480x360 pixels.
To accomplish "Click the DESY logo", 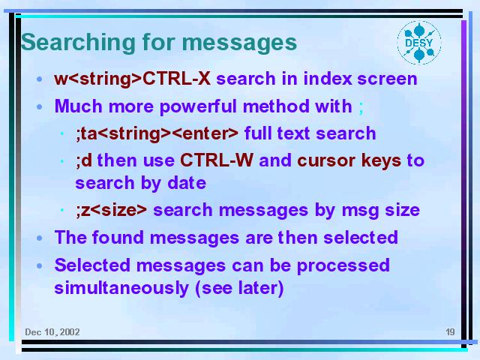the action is point(419,43).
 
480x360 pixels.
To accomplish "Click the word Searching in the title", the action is point(78,43).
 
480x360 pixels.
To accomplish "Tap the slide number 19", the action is point(450,331).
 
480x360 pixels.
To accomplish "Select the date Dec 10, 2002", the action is point(52,332).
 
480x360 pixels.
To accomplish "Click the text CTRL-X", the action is point(177,79).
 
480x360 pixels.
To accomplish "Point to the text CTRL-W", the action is point(217,160).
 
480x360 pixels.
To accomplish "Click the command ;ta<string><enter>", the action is point(157,133).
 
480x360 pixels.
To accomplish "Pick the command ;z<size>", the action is point(112,210).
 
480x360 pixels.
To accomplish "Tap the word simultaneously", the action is point(121,288).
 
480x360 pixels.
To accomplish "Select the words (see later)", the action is point(239,288).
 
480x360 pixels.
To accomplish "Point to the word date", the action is point(187,183).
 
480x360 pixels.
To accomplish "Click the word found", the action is point(118,237).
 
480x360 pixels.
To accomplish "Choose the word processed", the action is point(343,266).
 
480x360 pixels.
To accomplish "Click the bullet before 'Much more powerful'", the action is point(40,106).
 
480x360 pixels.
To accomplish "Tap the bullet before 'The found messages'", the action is point(40,238).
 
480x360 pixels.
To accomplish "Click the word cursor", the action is point(325,160).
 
